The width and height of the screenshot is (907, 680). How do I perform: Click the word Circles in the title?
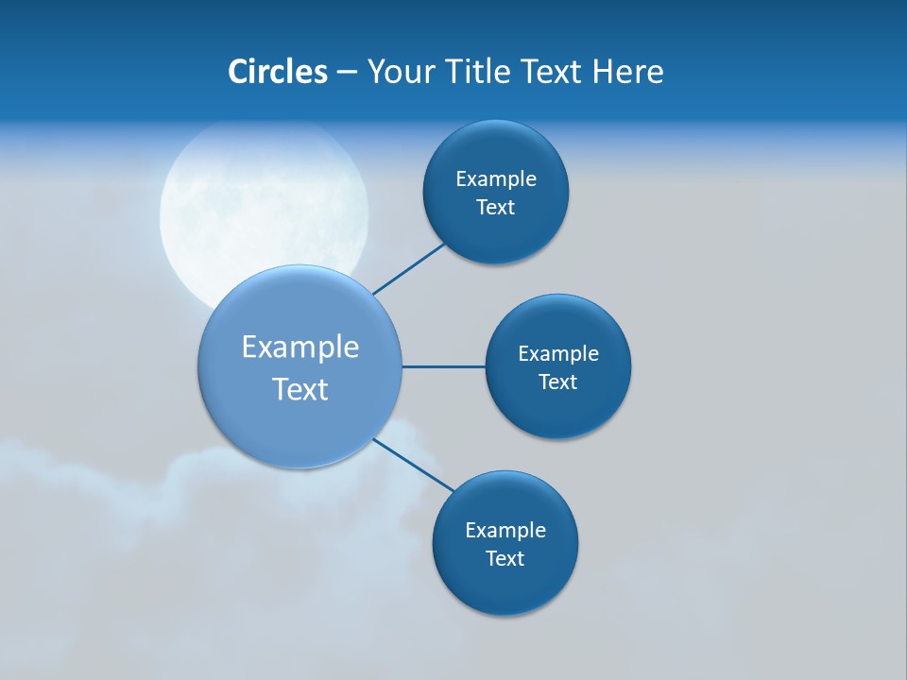277,72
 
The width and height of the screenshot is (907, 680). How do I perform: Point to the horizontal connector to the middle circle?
443,366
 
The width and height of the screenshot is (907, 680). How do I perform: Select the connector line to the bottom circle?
414,465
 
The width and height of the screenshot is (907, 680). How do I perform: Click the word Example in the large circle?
300,348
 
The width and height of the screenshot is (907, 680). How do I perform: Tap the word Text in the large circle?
300,389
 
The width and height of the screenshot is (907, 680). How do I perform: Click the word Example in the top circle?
496,179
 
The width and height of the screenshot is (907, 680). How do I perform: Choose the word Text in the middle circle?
558,382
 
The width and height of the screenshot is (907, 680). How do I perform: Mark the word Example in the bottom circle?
505,531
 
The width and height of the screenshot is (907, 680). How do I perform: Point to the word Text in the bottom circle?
505,559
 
